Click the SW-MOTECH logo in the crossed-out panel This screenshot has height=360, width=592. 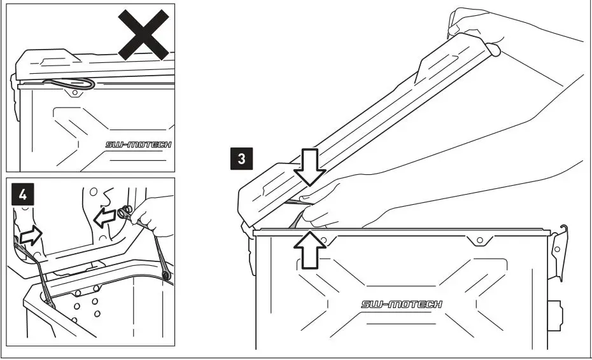click(x=138, y=145)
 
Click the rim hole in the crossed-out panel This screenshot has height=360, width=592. click(x=75, y=92)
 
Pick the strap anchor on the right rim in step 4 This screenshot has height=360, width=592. click(x=165, y=275)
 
